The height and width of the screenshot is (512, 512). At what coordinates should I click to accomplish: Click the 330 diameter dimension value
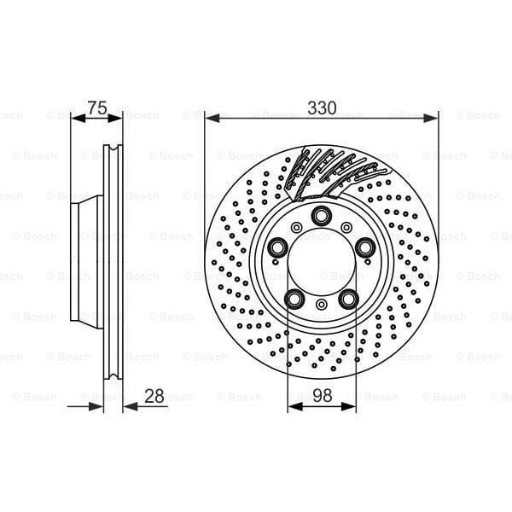tap(322, 108)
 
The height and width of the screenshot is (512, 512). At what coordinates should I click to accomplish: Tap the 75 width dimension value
tap(97, 108)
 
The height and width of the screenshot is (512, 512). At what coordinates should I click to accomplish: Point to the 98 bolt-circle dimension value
tap(322, 394)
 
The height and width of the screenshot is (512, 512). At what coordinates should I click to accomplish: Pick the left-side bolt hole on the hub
tap(278, 247)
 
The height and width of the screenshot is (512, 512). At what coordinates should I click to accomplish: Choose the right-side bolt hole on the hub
tap(365, 247)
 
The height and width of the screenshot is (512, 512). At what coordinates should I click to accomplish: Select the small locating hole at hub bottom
tap(322, 305)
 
